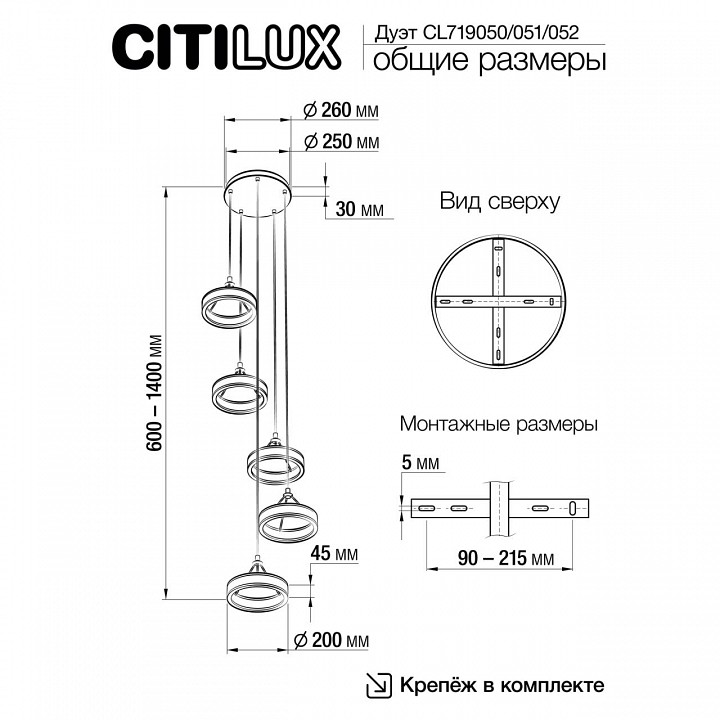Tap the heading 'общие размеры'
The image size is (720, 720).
[x=489, y=61]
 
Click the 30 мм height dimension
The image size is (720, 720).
[x=358, y=210]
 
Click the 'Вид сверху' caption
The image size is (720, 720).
[x=499, y=201]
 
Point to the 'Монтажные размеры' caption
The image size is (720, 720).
[x=498, y=425]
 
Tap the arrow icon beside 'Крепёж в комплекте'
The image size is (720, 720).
[x=380, y=685]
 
